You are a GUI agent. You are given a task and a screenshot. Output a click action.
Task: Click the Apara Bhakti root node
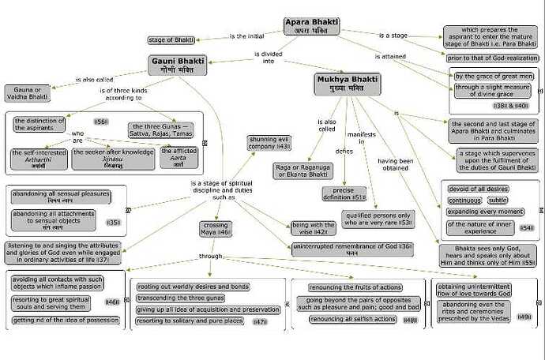coord(312,26)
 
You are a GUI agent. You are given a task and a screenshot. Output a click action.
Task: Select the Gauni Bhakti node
coord(176,64)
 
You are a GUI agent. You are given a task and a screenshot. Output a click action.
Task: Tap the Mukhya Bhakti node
coord(348,84)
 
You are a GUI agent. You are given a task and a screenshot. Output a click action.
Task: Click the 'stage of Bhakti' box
coord(172,39)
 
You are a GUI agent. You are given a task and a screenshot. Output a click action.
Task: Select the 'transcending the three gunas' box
coord(184,298)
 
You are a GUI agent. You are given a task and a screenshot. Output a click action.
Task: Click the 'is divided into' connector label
coord(269,57)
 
